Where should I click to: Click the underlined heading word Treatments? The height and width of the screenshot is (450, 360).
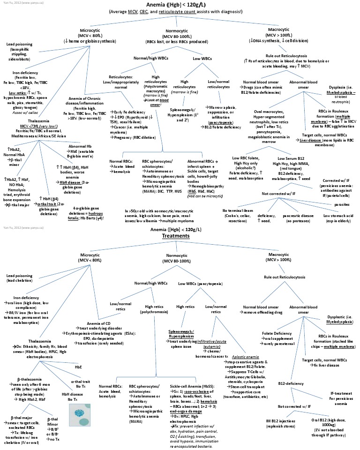point(175,236)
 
